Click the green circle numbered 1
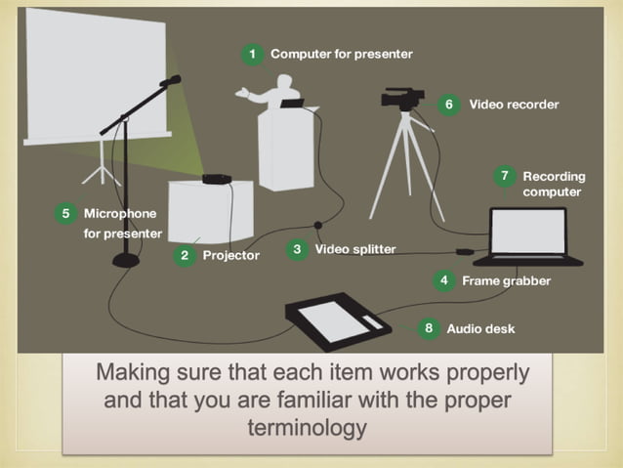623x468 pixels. (x=253, y=54)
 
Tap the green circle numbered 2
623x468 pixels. (x=184, y=255)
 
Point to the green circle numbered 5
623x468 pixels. (x=65, y=212)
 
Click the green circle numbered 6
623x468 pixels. (x=448, y=104)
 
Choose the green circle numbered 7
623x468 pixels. (x=504, y=177)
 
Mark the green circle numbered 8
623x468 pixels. (x=429, y=328)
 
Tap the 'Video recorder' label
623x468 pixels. (x=514, y=104)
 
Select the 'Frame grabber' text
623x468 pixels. (x=506, y=280)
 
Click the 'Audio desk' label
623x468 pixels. (x=480, y=328)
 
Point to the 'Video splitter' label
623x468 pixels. (x=355, y=249)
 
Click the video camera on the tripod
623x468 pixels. (x=402, y=99)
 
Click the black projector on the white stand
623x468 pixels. (x=216, y=178)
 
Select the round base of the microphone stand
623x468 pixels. (x=126, y=259)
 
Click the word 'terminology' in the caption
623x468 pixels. (x=308, y=427)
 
